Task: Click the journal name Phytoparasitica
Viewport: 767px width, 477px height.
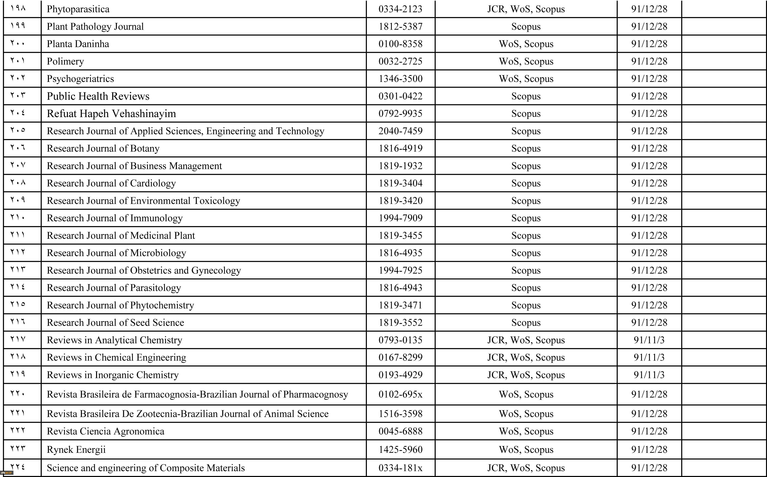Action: tap(78, 9)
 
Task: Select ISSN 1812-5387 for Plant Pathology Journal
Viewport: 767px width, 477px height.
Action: tap(400, 26)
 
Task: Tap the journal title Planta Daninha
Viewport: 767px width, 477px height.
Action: tap(78, 44)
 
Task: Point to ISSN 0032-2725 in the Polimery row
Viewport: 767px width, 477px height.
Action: tap(400, 61)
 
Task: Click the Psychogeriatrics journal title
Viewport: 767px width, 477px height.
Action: tap(80, 78)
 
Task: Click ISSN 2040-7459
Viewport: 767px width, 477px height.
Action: tap(400, 131)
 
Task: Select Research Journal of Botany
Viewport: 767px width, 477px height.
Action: tap(103, 148)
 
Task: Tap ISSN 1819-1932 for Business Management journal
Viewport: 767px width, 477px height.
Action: tap(400, 166)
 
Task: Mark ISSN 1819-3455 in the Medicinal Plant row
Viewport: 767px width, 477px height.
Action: tap(400, 235)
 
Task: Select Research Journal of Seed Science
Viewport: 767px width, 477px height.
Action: tap(115, 322)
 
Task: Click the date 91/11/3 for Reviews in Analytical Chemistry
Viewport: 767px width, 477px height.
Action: tap(649, 340)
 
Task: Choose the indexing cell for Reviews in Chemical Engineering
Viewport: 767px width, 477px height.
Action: tap(526, 357)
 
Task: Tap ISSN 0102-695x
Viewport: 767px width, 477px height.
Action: tap(400, 394)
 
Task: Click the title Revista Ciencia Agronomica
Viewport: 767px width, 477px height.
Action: tap(106, 431)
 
